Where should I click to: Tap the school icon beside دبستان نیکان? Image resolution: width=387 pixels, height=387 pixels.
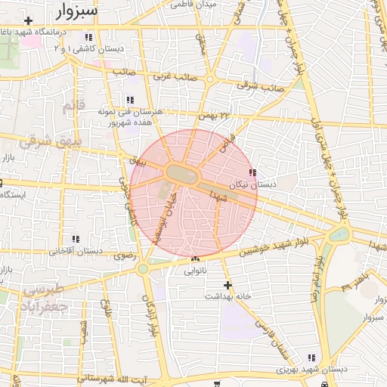[262, 173]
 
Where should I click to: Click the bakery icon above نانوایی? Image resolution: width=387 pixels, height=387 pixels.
[195, 259]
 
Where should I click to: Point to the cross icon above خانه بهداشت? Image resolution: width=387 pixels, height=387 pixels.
[227, 285]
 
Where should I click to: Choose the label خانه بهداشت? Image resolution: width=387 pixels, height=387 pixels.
[227, 296]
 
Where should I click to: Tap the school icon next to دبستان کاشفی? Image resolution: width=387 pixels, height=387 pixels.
[88, 37]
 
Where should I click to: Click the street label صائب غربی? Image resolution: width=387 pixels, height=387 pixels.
[176, 77]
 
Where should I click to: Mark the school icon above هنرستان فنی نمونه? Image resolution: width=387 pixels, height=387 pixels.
[130, 100]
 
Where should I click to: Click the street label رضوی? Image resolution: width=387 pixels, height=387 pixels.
[123, 256]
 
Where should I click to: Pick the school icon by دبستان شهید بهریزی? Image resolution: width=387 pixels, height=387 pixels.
[311, 358]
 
